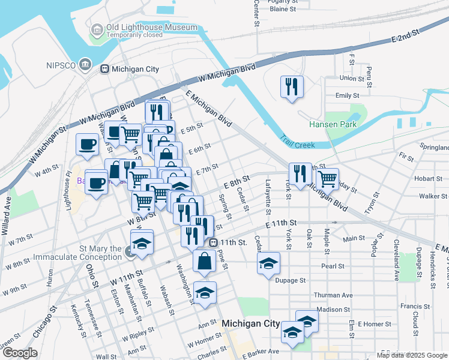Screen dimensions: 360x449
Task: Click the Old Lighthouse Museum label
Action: click(x=151, y=28)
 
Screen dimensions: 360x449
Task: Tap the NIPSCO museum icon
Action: click(x=85, y=64)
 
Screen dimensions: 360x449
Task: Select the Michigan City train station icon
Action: click(x=104, y=69)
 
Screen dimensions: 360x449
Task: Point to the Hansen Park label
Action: click(x=333, y=124)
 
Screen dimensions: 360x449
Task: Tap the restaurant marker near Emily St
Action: click(x=292, y=87)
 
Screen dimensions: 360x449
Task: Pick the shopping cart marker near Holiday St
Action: click(x=327, y=177)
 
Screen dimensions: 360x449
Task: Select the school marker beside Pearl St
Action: click(x=268, y=262)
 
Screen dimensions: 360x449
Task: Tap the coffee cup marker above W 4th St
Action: click(x=88, y=145)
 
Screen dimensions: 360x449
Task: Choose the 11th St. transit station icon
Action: click(x=213, y=242)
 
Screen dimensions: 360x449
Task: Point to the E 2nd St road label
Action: click(x=404, y=38)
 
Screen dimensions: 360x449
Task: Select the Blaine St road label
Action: click(x=283, y=9)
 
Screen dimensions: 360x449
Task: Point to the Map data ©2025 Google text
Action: click(x=412, y=355)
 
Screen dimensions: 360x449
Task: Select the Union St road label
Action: click(x=352, y=78)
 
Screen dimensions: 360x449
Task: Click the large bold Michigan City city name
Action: click(x=250, y=323)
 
